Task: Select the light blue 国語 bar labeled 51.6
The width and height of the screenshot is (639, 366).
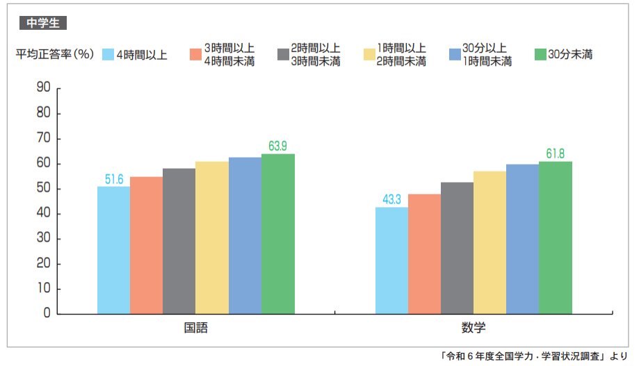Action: coord(113,250)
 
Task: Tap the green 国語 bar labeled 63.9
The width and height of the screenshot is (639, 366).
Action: coord(278,233)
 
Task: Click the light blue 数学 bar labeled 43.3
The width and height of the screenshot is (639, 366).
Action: coord(391,260)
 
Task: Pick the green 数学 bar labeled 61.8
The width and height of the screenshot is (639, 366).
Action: coord(556,238)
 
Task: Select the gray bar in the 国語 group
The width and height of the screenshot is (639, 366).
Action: coord(179,241)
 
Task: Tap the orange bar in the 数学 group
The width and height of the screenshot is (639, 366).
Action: coord(424,253)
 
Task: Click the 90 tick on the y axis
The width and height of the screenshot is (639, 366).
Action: coord(43,88)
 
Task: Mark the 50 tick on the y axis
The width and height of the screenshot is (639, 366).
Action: coord(43,189)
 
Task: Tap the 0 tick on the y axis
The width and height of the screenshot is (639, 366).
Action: coord(47,314)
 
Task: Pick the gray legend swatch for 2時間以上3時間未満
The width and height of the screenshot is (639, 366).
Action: coord(282,55)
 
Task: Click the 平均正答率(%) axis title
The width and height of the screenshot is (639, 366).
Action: coord(54,55)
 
